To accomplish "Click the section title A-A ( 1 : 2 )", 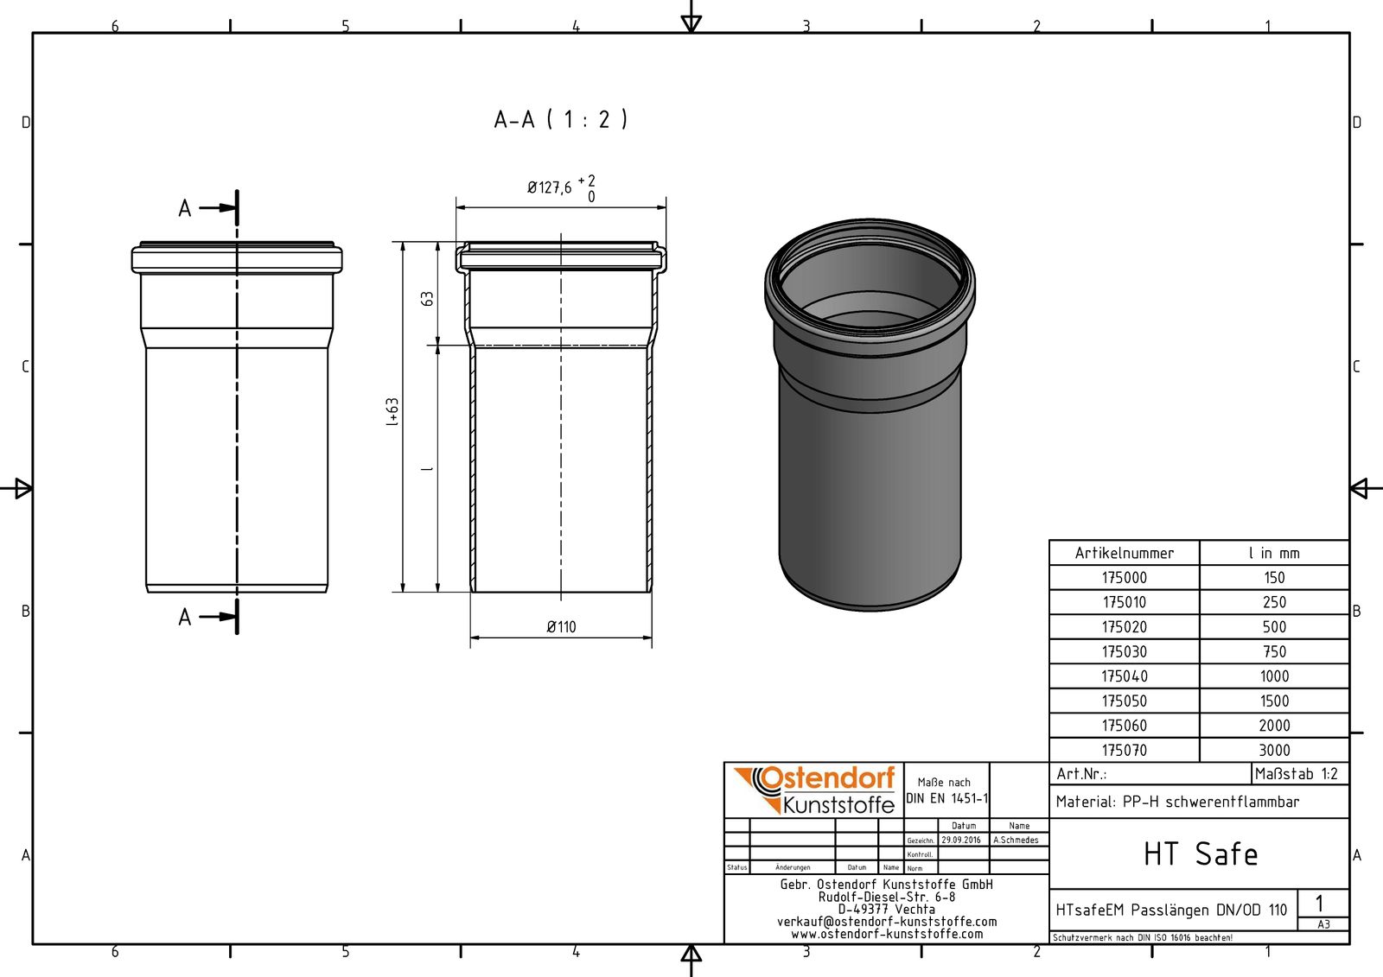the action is click(561, 119).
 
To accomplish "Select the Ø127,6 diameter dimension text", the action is click(550, 187).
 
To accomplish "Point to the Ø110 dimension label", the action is click(561, 627).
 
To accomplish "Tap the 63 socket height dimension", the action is click(427, 299).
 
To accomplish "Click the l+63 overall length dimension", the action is click(392, 412).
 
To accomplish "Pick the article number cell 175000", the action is click(1125, 578).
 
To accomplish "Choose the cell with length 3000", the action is click(1274, 751).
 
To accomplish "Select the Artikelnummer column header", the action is click(1125, 553).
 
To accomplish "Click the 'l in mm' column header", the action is click(1274, 553).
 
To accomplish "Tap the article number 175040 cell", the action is click(1125, 676).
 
